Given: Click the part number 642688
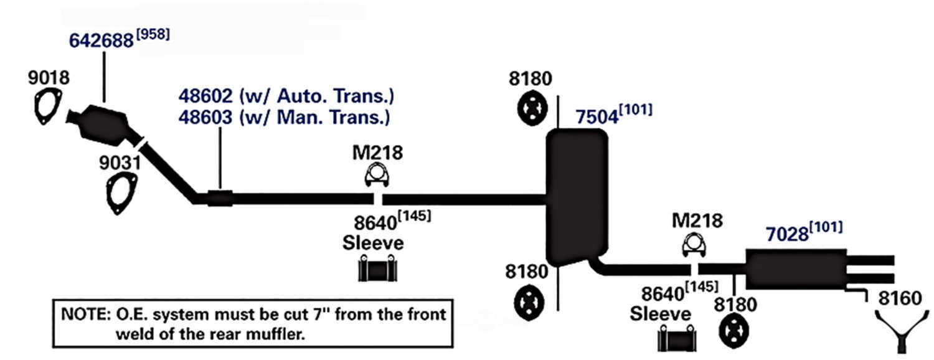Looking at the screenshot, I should pyautogui.click(x=101, y=41).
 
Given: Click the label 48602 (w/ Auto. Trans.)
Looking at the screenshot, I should pyautogui.click(x=286, y=97).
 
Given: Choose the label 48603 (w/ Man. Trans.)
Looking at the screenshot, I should pyautogui.click(x=285, y=116).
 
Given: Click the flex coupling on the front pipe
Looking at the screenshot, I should pyautogui.click(x=219, y=198).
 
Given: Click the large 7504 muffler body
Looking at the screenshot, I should pyautogui.click(x=576, y=196).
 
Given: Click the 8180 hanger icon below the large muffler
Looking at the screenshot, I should pyautogui.click(x=529, y=302).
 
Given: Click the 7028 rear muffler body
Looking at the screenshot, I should pyautogui.click(x=796, y=268).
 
